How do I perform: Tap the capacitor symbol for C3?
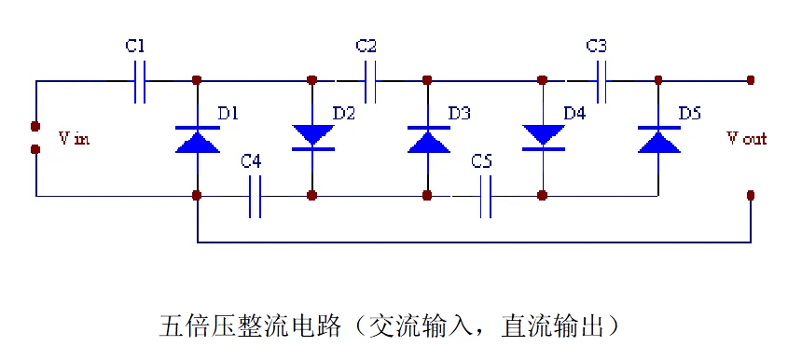602,81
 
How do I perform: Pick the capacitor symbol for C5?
485,197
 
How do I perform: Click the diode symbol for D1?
197,139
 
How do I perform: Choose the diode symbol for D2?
311,136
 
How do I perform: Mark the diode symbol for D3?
427,139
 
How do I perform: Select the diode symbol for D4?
543,136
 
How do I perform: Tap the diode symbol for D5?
658,139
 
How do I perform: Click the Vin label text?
74,139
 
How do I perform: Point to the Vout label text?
746,139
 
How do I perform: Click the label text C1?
134,46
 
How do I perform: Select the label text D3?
459,114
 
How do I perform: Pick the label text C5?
482,162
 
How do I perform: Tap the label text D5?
690,114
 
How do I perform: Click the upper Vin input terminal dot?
35,126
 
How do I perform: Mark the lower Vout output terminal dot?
751,196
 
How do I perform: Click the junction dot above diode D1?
197,80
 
